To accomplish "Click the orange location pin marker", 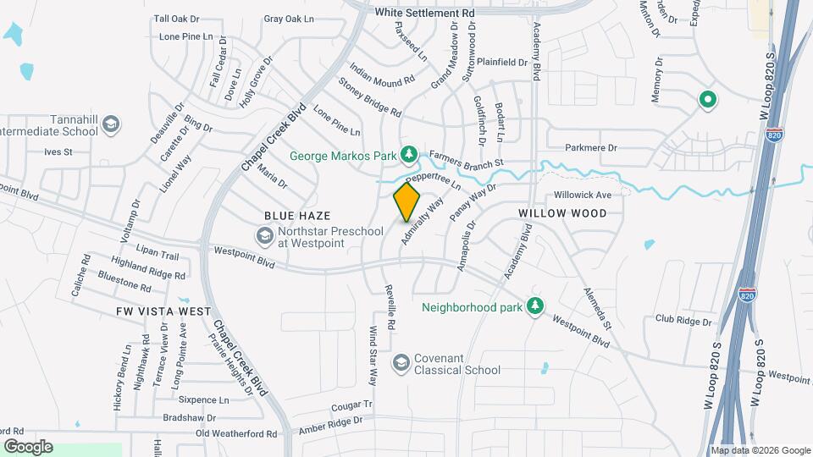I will click(407, 202).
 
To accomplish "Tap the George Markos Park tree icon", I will click(410, 153).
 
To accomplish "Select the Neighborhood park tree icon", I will click(534, 305).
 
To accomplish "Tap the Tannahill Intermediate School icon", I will click(109, 126).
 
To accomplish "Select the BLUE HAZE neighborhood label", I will click(296, 217).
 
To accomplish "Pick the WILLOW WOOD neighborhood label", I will click(562, 213).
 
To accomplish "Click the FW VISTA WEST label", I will click(163, 311).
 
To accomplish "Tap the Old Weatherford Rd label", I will click(236, 433).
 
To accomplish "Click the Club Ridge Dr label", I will click(683, 321).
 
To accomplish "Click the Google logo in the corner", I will click(27, 447).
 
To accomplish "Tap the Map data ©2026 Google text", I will click(760, 450).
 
